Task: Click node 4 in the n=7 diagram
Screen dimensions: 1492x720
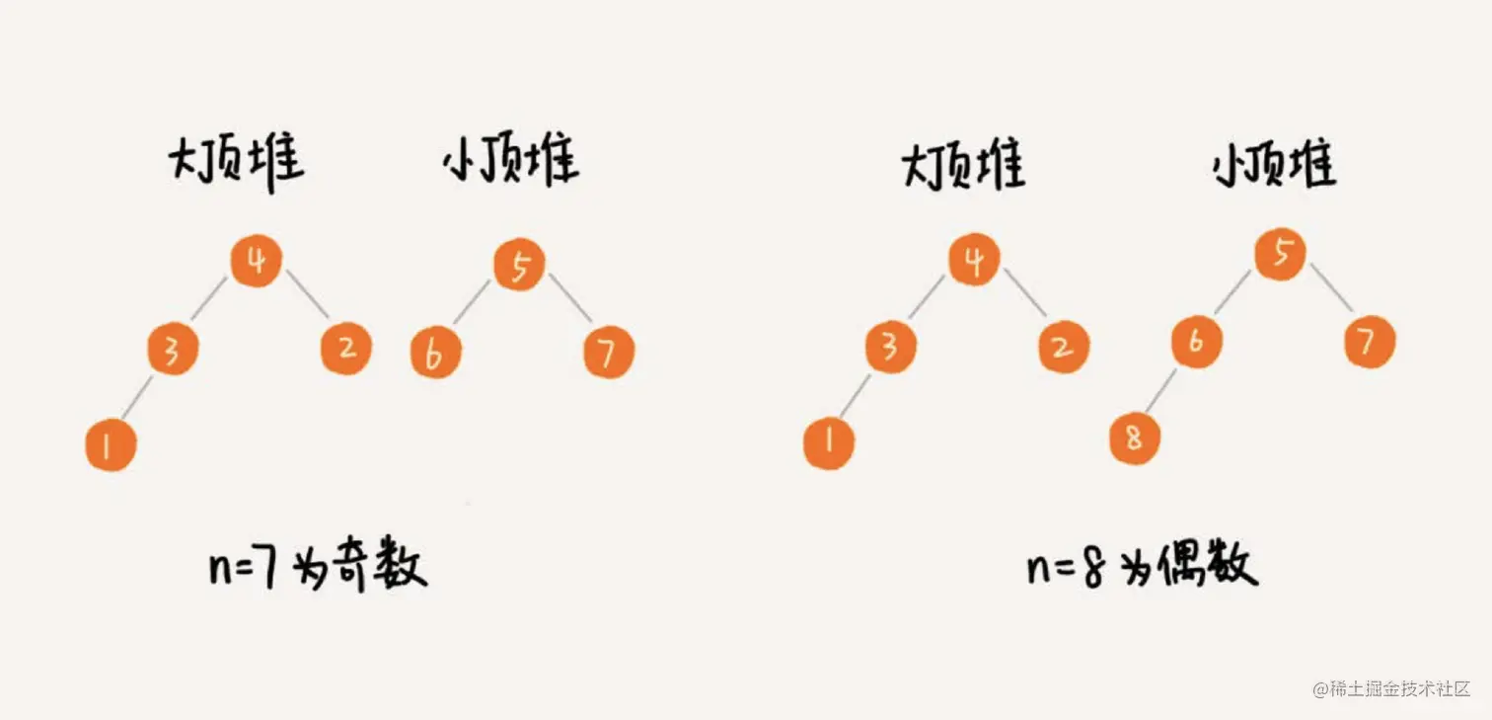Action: tap(256, 263)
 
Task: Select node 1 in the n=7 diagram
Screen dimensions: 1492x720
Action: tap(110, 445)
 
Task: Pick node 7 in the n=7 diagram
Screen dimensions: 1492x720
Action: tap(608, 353)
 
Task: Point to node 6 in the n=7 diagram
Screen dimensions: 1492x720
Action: tap(435, 354)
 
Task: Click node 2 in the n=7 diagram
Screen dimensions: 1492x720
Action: tap(345, 348)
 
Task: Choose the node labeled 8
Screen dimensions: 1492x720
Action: tap(1134, 437)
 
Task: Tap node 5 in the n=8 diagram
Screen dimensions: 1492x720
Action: tap(1280, 254)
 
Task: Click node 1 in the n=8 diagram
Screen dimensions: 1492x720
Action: tap(828, 441)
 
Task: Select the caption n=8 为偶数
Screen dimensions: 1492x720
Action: tap(1142, 569)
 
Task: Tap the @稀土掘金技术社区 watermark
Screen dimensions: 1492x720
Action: tap(1391, 688)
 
